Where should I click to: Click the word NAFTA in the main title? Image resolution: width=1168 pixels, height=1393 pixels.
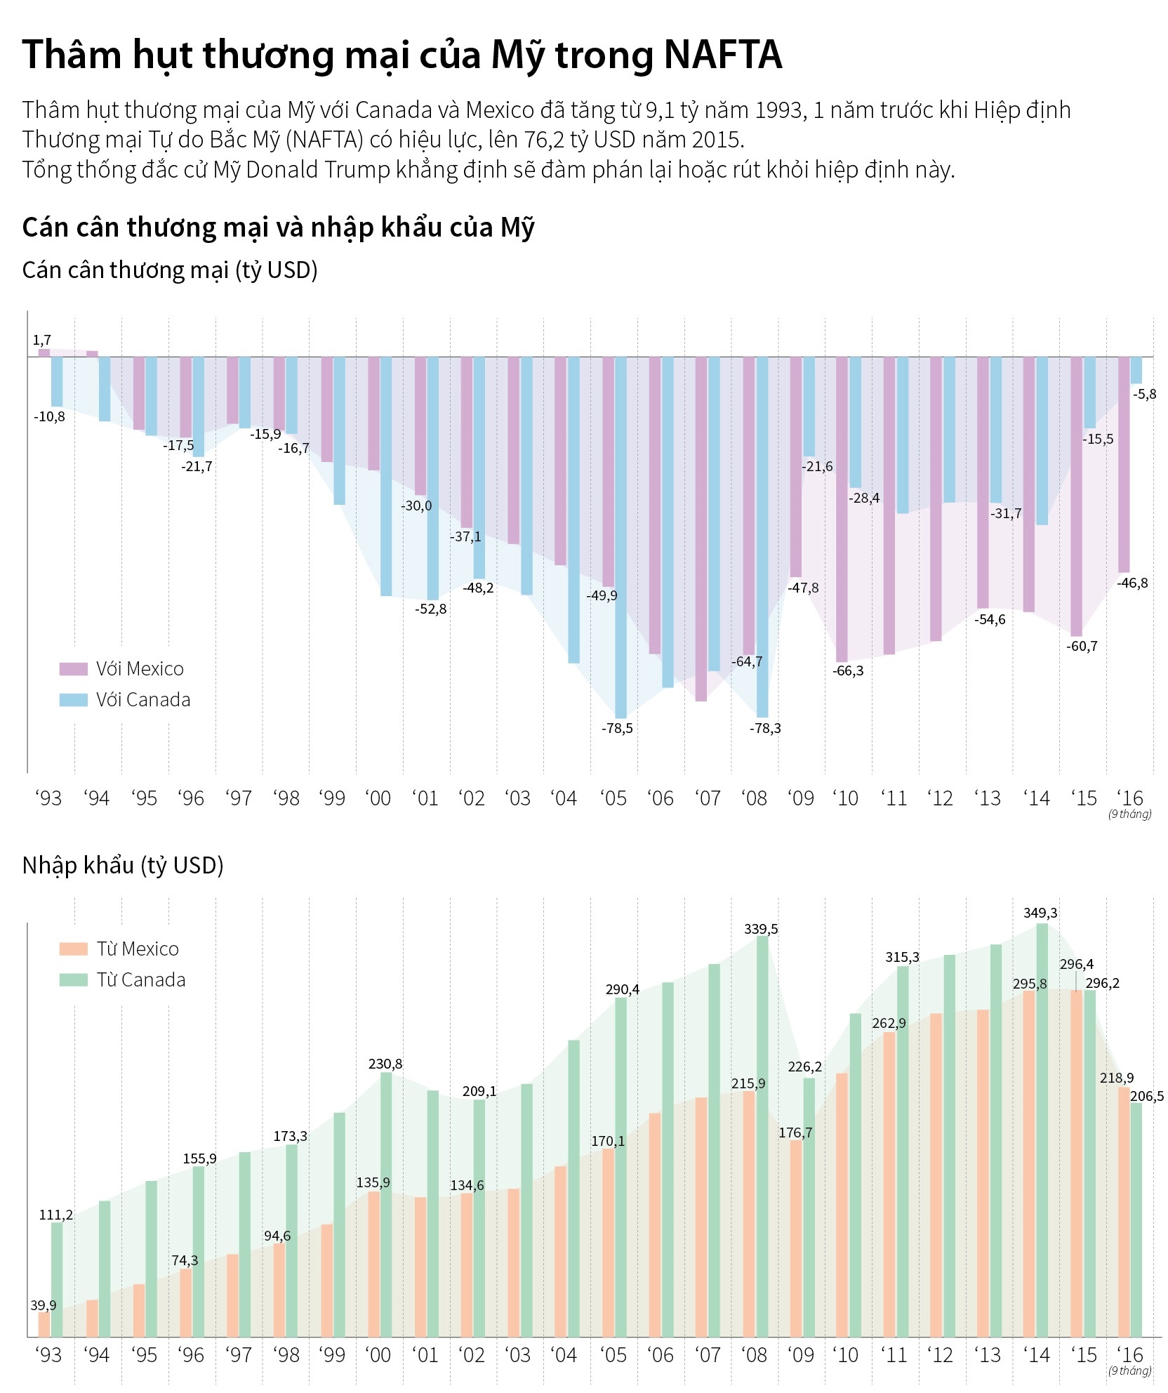[x=722, y=55]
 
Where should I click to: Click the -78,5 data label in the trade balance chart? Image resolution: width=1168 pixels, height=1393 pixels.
[x=617, y=728]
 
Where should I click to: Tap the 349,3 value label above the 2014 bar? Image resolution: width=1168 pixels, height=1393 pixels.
[x=1040, y=913]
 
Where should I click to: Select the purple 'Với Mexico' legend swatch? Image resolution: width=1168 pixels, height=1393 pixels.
[x=73, y=668]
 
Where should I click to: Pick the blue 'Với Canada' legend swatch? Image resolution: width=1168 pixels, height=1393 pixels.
[x=73, y=699]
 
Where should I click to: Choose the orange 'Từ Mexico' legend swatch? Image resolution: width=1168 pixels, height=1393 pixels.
[x=73, y=949]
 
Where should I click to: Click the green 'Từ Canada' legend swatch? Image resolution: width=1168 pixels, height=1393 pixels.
[x=73, y=979]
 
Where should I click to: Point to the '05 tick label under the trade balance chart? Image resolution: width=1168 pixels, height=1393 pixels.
[x=613, y=798]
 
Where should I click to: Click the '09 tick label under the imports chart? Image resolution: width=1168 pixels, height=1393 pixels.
[x=800, y=1354]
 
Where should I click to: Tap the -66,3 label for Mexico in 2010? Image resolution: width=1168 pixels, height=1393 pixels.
[x=848, y=671]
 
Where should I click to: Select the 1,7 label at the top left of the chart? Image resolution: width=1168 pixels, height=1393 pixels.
[x=42, y=341]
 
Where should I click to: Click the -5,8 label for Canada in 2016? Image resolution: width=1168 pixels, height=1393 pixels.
[x=1144, y=394]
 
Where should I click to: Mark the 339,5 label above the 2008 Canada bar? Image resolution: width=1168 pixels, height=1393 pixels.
[x=761, y=929]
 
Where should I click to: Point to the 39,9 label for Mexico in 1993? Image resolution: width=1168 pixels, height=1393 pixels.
[x=43, y=1305]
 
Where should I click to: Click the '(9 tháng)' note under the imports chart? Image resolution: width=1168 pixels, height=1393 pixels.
[x=1129, y=1370]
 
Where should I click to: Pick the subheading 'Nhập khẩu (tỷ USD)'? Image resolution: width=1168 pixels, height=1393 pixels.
[x=123, y=865]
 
